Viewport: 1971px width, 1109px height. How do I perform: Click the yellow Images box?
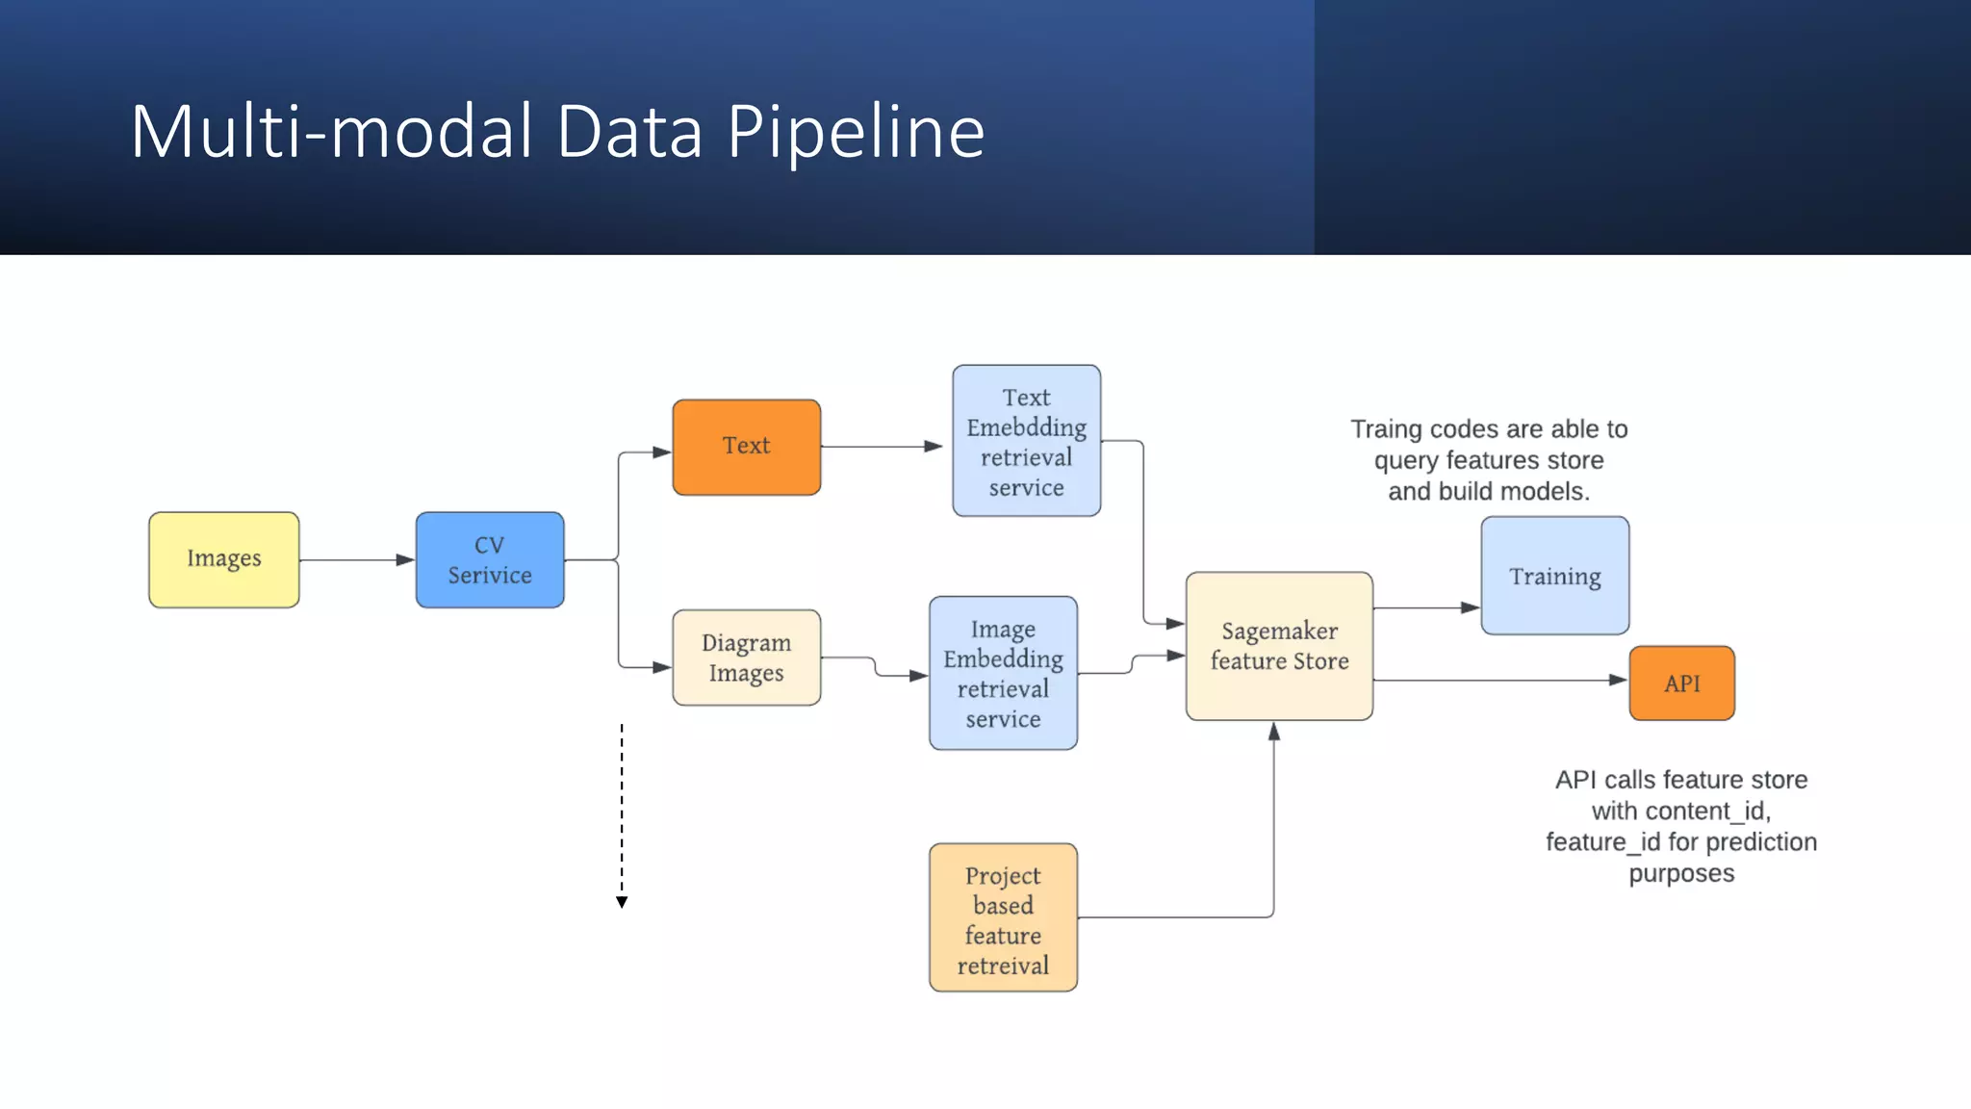223,559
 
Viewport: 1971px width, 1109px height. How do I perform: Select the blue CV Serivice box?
490,559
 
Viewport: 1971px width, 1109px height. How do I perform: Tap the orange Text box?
746,447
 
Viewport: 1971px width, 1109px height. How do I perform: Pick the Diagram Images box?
746,658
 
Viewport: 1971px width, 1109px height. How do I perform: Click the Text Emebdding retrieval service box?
1026,441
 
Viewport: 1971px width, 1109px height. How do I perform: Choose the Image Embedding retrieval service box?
1003,673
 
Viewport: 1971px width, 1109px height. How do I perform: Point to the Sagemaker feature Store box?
1279,646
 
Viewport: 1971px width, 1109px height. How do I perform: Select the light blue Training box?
1554,576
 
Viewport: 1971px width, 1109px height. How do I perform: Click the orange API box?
1681,683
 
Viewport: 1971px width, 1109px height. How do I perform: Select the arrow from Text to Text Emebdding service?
881,447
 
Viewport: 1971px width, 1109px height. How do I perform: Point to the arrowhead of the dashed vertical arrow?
622,902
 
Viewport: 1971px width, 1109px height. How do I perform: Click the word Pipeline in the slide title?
856,132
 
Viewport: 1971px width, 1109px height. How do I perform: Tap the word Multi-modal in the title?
331,132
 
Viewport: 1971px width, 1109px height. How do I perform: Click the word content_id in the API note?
1698,811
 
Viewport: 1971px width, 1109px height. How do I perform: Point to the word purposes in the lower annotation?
1681,874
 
